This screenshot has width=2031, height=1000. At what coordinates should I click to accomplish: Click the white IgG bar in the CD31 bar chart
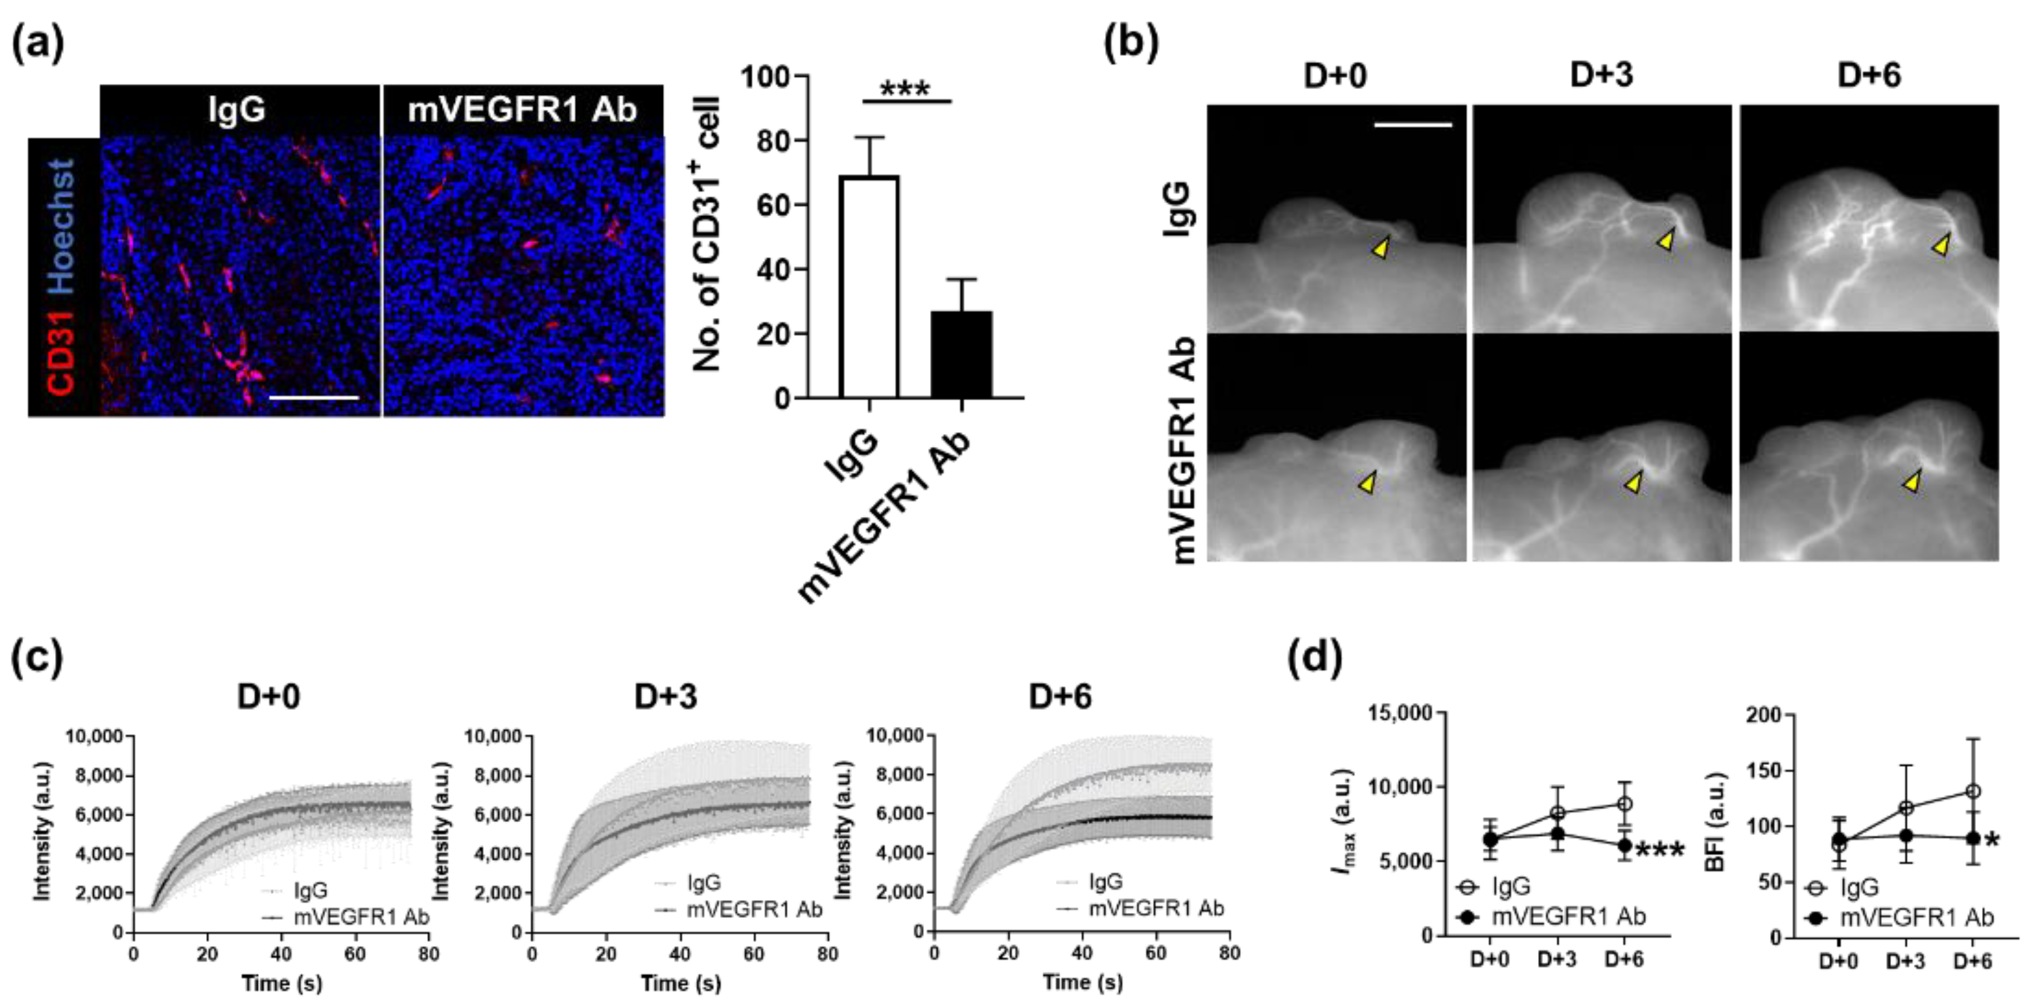point(870,287)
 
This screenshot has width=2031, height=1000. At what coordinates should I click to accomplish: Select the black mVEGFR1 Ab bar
point(961,355)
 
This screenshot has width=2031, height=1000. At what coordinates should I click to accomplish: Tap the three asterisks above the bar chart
point(906,88)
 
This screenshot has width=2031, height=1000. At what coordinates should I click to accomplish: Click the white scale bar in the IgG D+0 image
point(1412,124)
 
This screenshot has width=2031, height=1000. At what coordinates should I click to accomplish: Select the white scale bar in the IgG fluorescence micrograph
point(314,398)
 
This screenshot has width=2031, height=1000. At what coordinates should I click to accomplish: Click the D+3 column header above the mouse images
point(1601,75)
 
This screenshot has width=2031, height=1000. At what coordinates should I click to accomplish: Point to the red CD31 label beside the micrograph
point(61,351)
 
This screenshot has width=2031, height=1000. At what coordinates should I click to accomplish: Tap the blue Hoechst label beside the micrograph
point(61,228)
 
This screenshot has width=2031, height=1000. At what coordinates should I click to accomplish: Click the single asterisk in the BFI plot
point(1992,842)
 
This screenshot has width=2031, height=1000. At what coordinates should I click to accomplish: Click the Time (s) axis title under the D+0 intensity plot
point(281,982)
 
